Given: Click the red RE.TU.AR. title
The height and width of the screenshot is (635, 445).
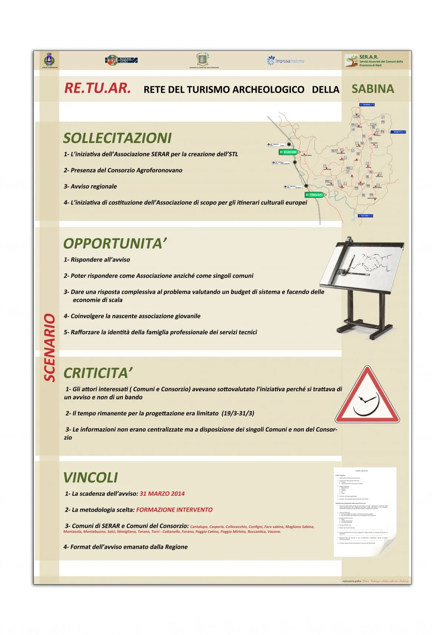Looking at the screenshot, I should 98,88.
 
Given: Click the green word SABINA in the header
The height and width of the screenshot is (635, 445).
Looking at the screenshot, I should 373,89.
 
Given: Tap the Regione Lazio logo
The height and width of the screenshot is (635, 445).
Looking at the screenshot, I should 122,60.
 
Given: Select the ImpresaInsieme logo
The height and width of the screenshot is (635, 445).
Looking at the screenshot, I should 286,60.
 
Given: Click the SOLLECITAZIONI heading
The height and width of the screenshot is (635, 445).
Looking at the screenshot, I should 117,138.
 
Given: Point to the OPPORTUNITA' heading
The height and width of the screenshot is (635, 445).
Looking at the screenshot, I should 115,243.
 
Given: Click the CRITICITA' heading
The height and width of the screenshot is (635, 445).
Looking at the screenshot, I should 98,373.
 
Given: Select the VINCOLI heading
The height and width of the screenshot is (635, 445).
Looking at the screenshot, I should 90,478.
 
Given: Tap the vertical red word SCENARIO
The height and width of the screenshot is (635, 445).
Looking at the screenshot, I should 50,347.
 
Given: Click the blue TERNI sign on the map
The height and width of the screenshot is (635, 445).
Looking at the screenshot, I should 367,105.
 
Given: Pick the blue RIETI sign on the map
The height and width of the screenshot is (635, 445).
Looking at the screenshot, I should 398,132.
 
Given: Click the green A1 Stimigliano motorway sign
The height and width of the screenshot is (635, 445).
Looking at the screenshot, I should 314,195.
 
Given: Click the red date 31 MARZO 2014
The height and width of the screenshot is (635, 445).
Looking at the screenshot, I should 162,493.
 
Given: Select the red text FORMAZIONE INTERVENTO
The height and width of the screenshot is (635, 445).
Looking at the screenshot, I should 174,510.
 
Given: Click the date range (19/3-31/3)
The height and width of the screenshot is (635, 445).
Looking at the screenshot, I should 238,413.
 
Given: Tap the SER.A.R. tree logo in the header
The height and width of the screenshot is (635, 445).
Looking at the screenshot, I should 351,60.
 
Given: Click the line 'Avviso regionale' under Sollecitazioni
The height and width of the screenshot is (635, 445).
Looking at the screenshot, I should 93,186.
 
